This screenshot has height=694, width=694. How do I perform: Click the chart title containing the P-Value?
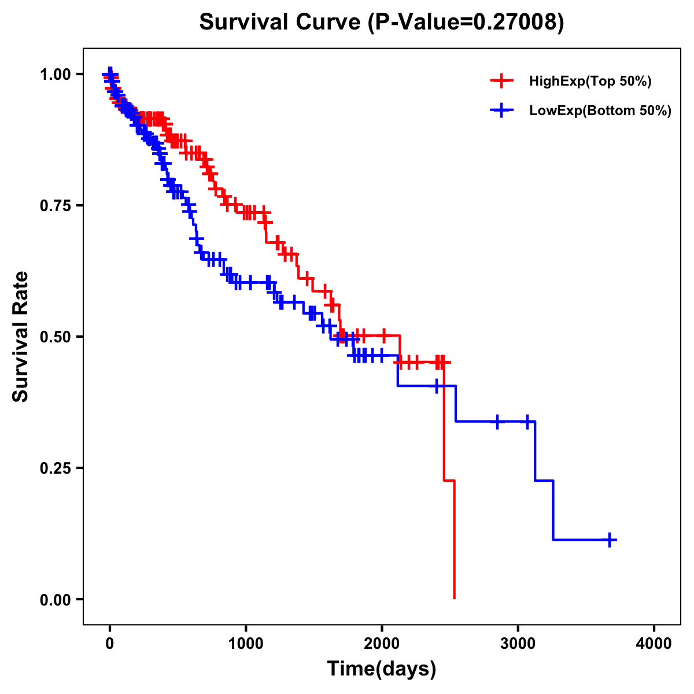(381, 22)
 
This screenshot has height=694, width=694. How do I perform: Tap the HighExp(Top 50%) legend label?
(590, 81)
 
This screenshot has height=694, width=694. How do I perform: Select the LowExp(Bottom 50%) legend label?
(600, 110)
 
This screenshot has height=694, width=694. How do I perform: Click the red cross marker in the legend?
(501, 81)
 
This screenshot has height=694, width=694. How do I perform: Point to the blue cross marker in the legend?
(501, 110)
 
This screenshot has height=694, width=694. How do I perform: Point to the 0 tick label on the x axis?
(110, 644)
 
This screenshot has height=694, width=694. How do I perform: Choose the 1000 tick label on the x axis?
(246, 644)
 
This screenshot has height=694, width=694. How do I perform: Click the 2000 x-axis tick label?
(382, 644)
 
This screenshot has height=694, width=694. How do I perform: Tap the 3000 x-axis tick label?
(518, 644)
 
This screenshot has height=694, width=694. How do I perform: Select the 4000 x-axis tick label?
(654, 644)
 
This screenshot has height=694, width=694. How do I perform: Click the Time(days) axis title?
(382, 669)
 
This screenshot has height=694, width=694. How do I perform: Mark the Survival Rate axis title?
(21, 337)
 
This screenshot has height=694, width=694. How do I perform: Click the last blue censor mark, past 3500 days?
(610, 540)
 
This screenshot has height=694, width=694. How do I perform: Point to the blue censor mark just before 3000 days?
(497, 422)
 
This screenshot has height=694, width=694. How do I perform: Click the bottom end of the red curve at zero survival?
(455, 598)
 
